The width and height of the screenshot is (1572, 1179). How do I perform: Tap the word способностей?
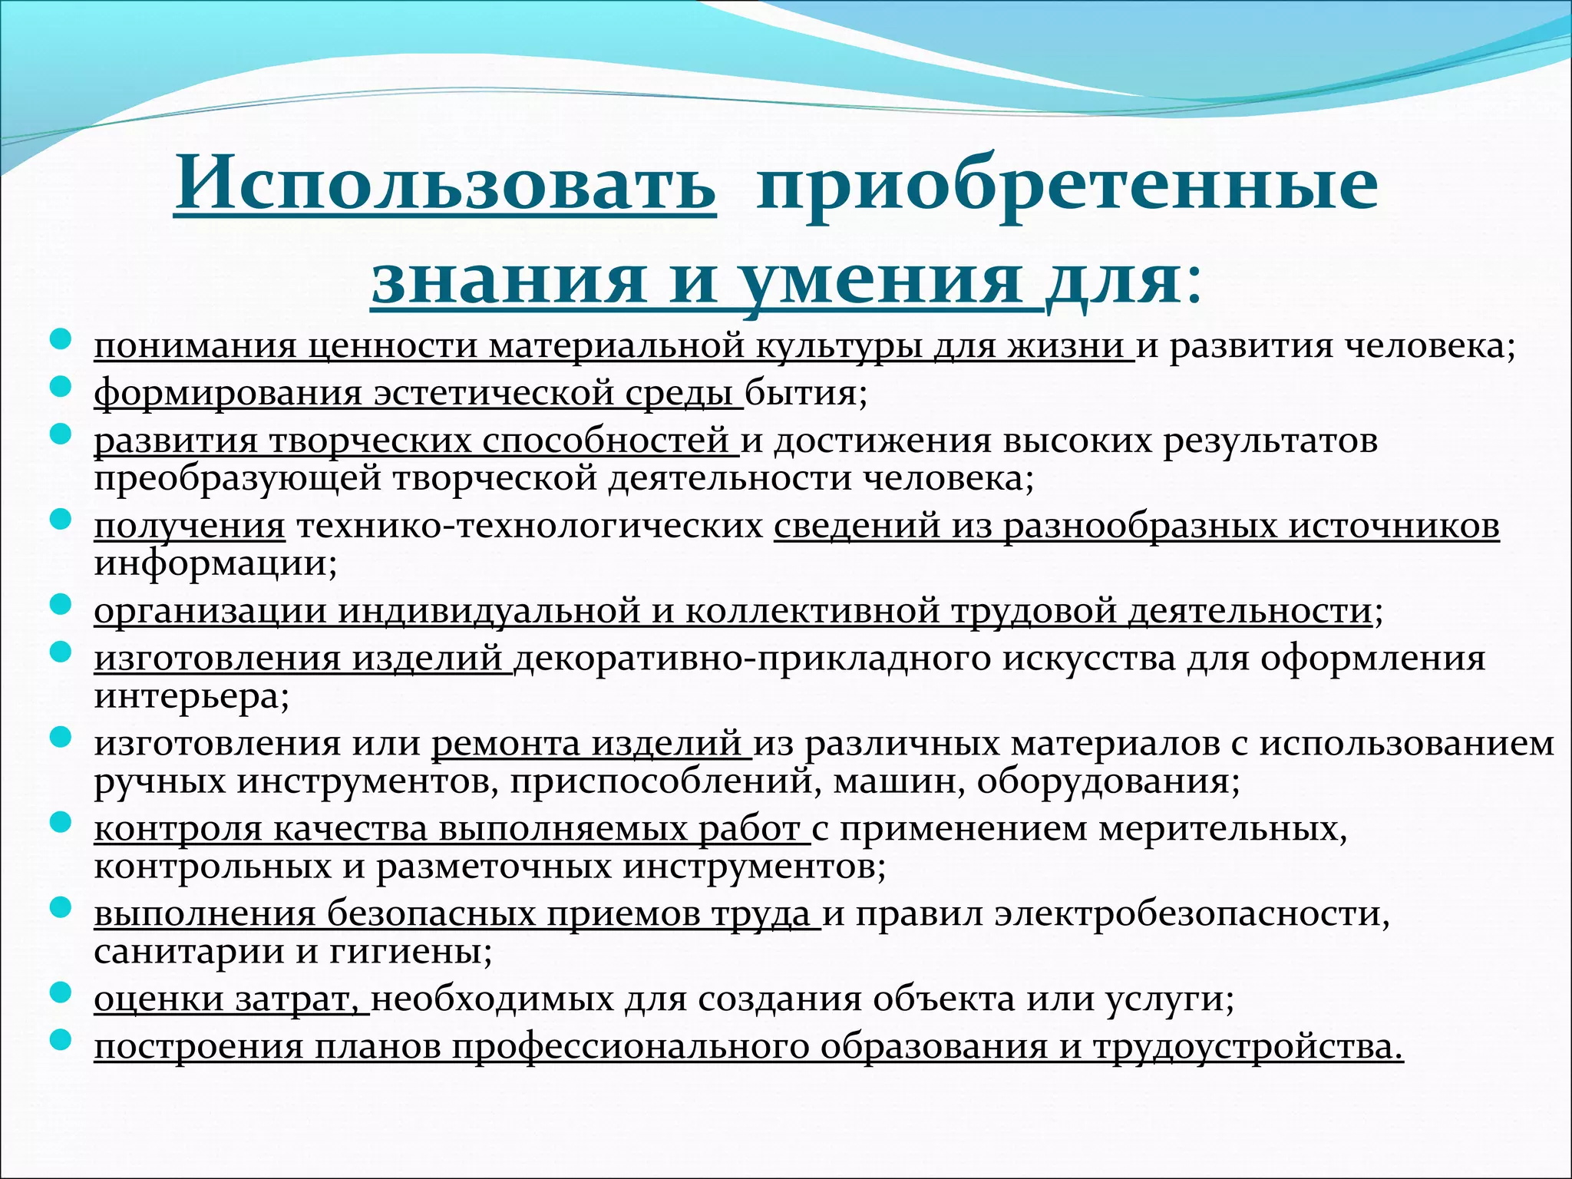[606, 441]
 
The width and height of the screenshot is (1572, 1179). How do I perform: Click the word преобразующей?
[239, 478]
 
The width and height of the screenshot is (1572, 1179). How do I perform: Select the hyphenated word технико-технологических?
[530, 526]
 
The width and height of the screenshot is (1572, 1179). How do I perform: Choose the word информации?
[212, 563]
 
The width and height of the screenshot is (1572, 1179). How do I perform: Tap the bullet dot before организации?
[61, 604]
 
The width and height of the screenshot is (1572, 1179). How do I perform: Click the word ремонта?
[506, 743]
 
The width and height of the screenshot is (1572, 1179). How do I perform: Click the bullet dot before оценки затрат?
[61, 992]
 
